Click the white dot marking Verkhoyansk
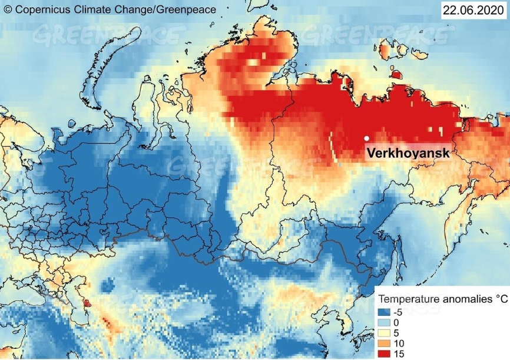[367, 138]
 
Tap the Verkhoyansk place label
[408, 153]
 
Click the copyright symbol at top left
[8, 9]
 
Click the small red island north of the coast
[396, 75]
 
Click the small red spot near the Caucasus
[88, 303]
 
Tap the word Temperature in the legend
[406, 299]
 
